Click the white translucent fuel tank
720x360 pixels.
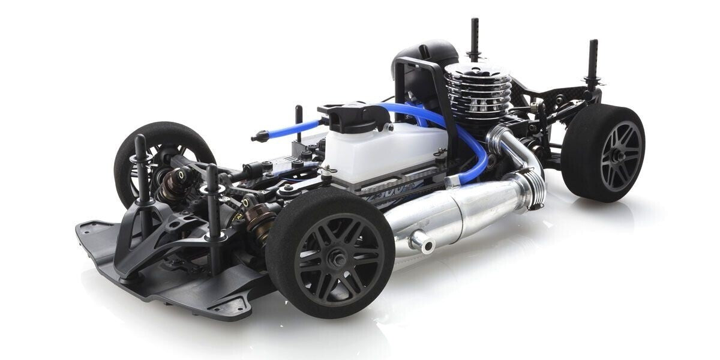click(384, 150)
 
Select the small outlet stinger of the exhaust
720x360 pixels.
click(420, 242)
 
